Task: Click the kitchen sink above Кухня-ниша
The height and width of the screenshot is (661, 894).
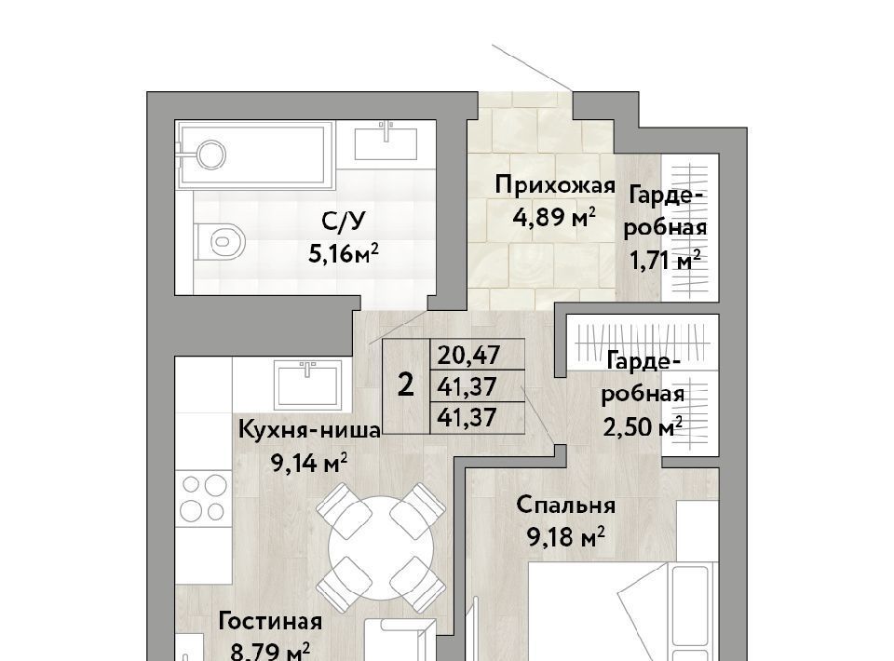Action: point(308,384)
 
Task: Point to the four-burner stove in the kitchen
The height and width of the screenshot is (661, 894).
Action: point(204,498)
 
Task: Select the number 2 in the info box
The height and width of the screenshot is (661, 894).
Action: point(405,385)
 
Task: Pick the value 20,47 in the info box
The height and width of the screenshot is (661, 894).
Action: point(468,356)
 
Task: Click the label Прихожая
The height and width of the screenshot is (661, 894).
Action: point(555,186)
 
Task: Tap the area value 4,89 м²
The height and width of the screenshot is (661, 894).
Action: point(555,217)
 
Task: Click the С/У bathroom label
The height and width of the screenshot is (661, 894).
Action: point(343,222)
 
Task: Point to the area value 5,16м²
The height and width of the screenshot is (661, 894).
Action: point(344,253)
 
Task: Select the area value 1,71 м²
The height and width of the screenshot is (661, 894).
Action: point(665,261)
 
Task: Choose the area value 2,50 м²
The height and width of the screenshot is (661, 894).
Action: point(643,426)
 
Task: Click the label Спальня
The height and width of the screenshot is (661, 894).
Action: point(566,506)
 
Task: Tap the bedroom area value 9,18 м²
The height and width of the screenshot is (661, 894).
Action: point(566,537)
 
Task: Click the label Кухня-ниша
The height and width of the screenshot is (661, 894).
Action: point(309,430)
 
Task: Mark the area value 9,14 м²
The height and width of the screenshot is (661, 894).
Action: point(309,464)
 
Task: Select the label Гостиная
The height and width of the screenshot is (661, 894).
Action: point(270,622)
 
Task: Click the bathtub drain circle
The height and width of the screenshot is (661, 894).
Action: point(211,155)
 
